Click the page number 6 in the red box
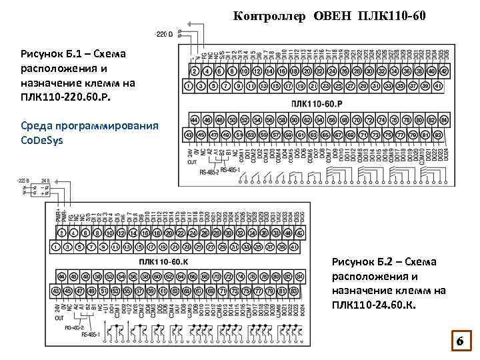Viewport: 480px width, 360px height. (x=459, y=341)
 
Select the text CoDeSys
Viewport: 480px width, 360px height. (x=43, y=140)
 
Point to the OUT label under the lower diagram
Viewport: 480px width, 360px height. (x=59, y=318)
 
